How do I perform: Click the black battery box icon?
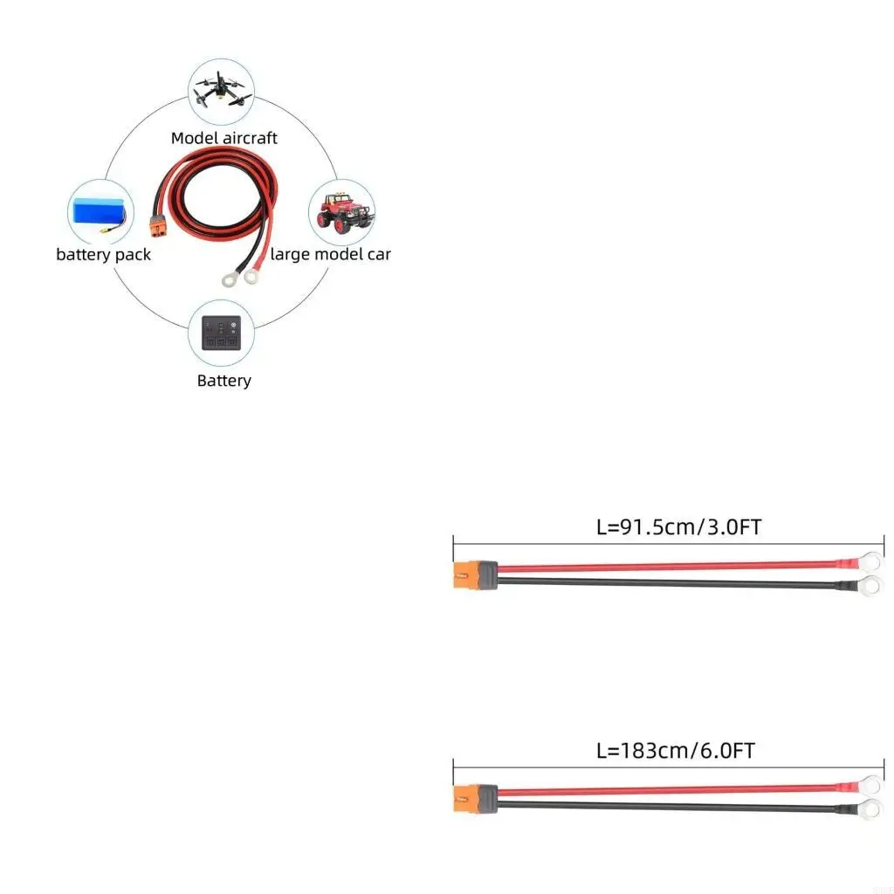pyautogui.click(x=223, y=333)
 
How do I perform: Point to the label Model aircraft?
pyautogui.click(x=224, y=138)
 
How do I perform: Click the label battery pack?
pyautogui.click(x=103, y=255)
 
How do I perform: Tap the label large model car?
pyautogui.click(x=330, y=255)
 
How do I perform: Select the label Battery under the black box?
pyautogui.click(x=223, y=381)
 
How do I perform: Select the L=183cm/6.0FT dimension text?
pyautogui.click(x=675, y=750)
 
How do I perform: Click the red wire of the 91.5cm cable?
pyautogui.click(x=664, y=567)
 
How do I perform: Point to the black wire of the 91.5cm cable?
pyautogui.click(x=664, y=582)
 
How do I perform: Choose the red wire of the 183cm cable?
pyautogui.click(x=664, y=790)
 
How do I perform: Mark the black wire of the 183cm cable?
pyautogui.click(x=664, y=806)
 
